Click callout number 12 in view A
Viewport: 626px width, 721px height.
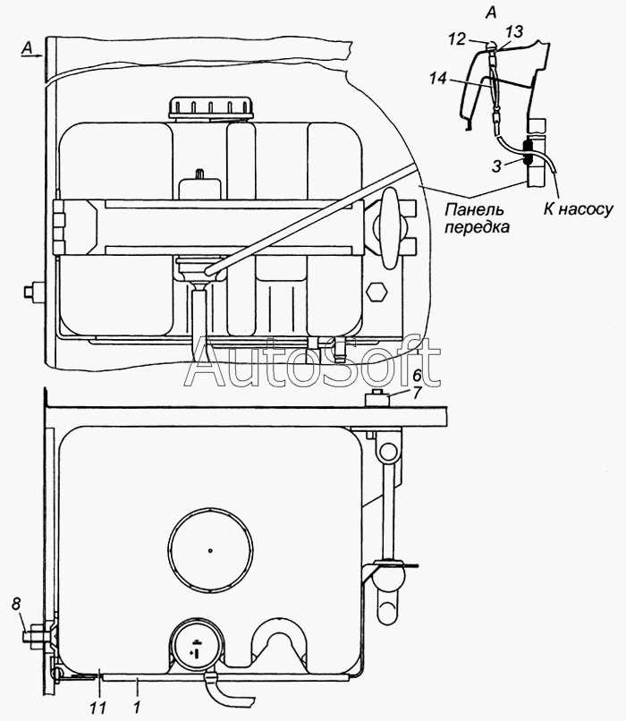(x=458, y=39)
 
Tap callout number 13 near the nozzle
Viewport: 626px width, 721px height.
(x=515, y=31)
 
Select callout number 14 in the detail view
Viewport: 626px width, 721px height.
(x=438, y=79)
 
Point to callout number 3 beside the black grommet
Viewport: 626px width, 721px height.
(x=496, y=166)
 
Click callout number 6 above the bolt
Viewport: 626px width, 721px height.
(x=417, y=376)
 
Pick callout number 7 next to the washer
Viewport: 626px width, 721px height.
(x=416, y=394)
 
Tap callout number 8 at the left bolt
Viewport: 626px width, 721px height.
(x=17, y=604)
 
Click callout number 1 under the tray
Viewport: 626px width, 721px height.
(x=136, y=707)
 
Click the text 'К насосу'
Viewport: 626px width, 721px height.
(x=579, y=209)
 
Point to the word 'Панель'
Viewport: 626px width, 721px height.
(x=474, y=209)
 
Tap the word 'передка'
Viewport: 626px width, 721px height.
(x=477, y=227)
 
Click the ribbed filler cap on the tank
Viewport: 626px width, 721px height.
(x=211, y=108)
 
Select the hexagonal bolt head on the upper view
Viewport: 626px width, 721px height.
(x=376, y=291)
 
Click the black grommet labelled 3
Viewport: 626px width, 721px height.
(x=528, y=154)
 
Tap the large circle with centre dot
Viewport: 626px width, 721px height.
(x=210, y=550)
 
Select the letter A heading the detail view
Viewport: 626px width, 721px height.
(x=491, y=13)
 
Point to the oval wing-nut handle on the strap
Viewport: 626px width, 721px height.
(x=389, y=227)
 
